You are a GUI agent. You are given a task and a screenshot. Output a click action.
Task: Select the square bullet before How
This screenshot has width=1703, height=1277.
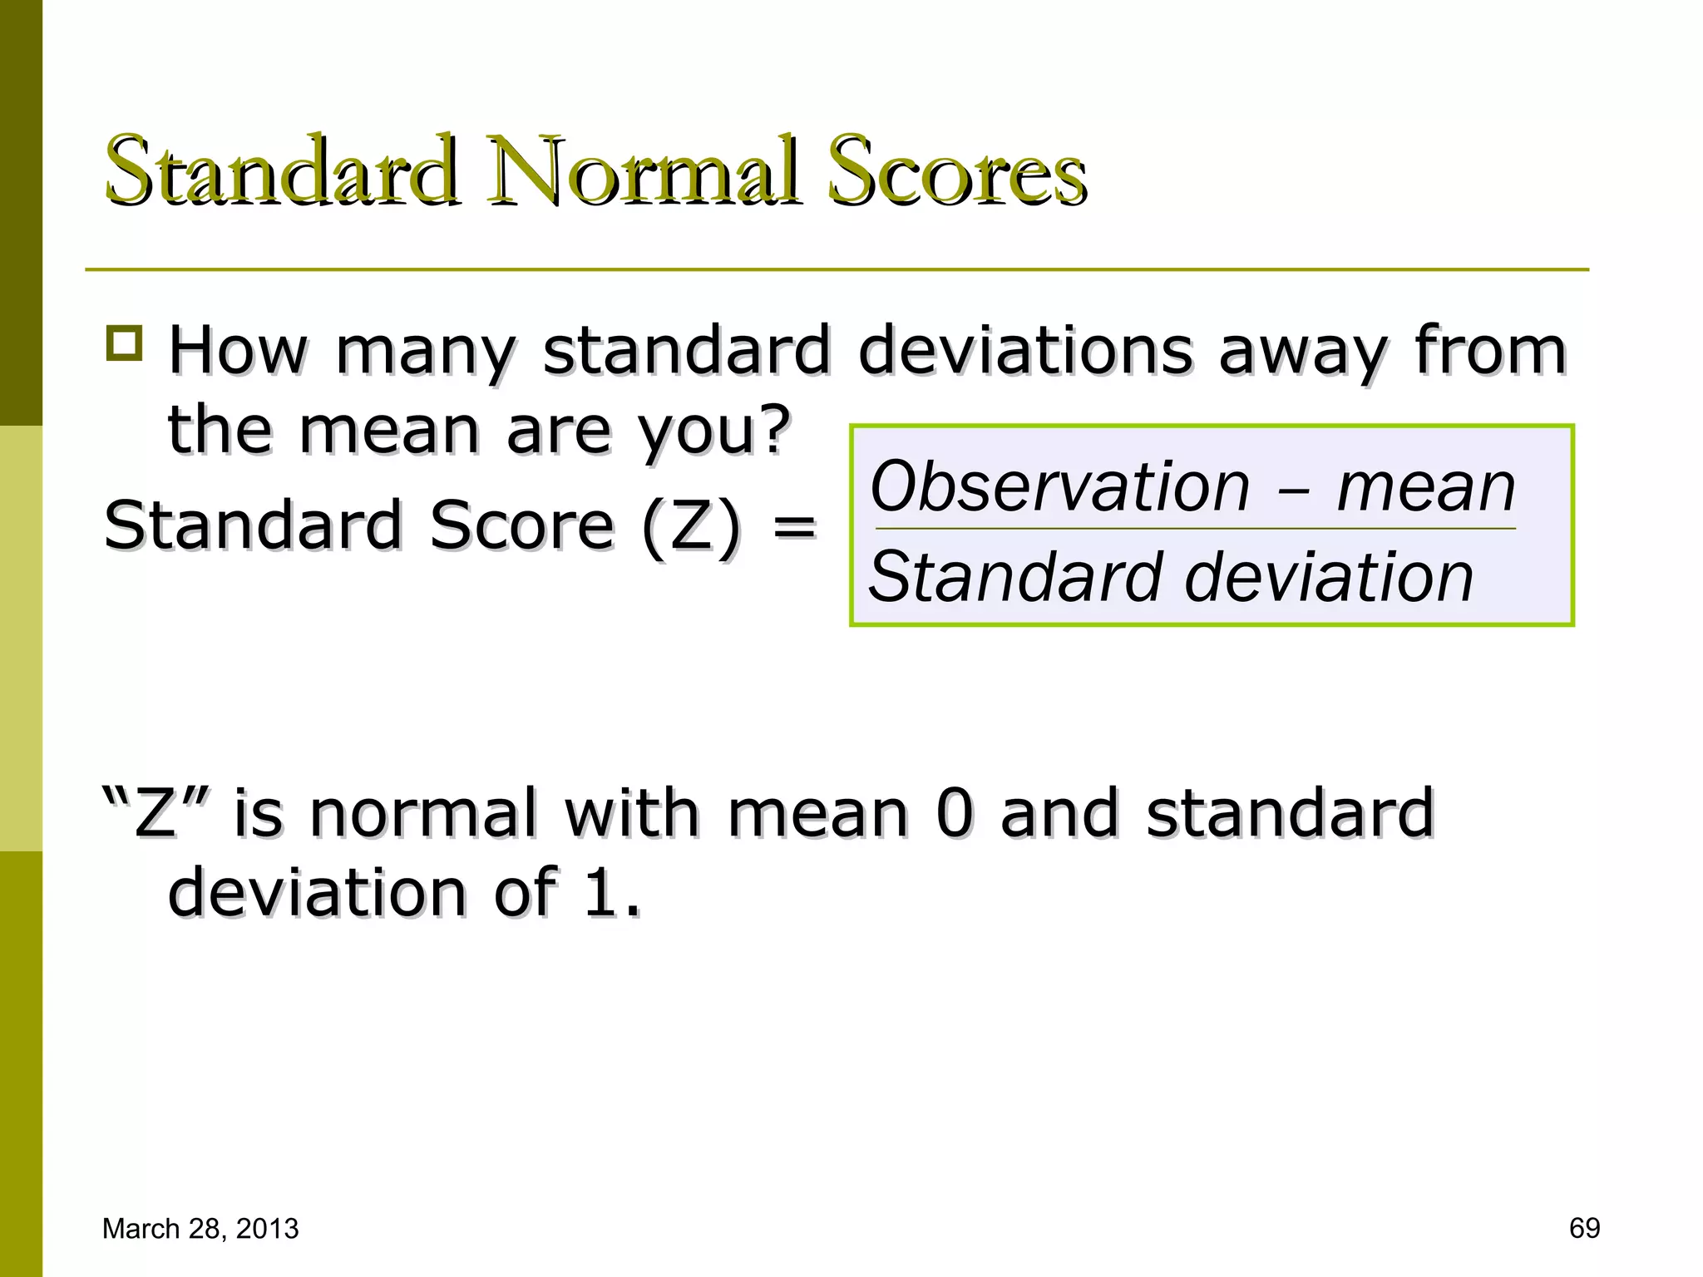[x=125, y=343]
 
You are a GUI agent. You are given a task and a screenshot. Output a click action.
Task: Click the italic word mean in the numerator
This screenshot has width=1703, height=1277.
[x=1425, y=488]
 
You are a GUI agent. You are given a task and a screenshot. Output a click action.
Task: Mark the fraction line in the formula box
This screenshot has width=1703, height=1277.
[x=1195, y=529]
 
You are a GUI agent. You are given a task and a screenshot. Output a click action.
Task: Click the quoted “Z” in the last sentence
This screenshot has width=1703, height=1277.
[x=157, y=812]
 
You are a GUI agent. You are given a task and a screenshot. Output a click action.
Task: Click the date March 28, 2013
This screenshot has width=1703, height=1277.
[x=200, y=1229]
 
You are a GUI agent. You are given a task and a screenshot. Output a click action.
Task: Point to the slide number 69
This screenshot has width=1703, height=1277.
[x=1584, y=1229]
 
